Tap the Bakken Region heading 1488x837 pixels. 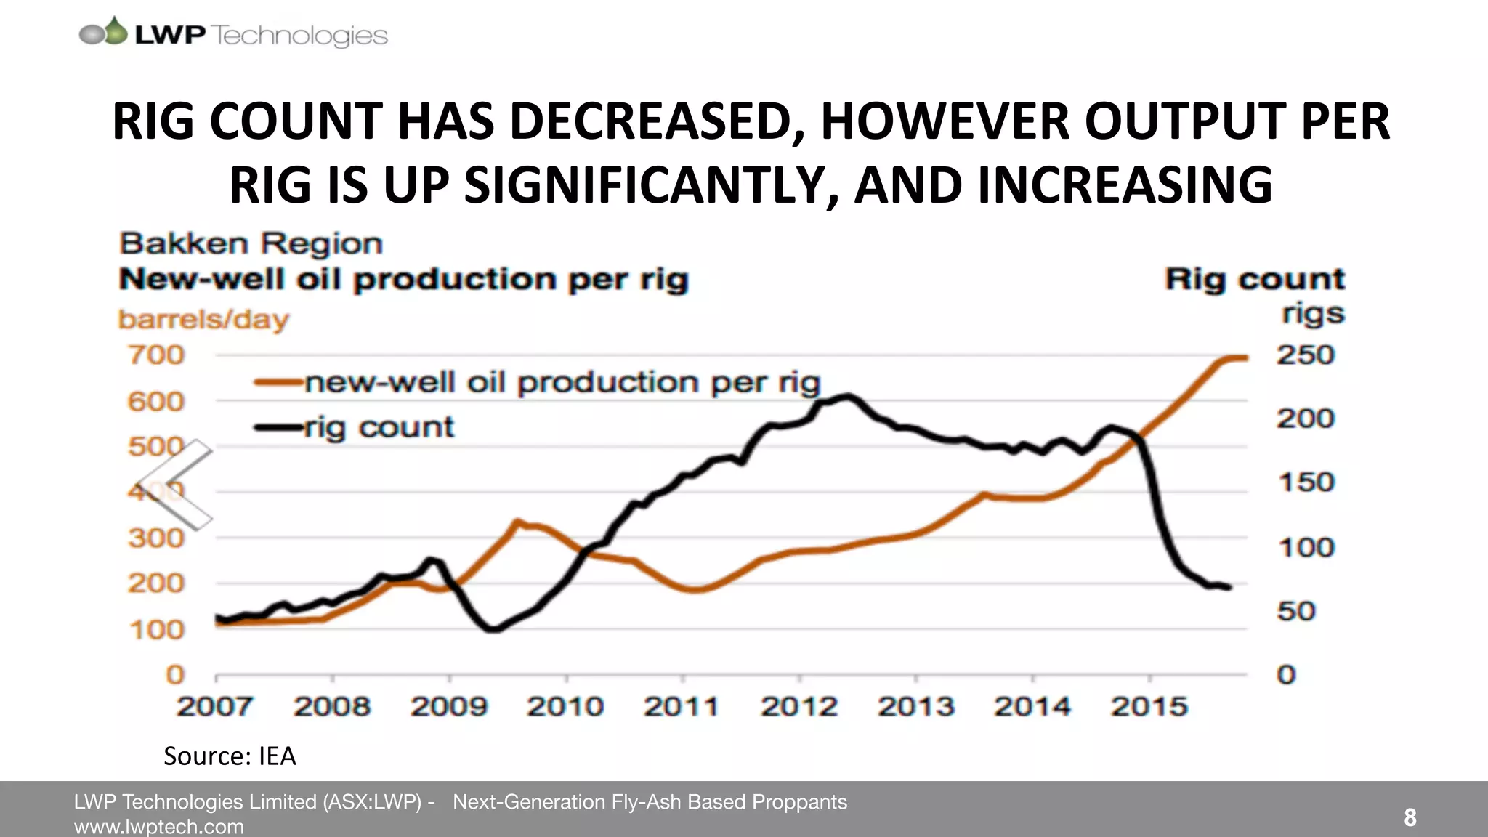[251, 243]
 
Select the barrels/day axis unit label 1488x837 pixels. [203, 320]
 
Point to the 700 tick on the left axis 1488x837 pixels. [156, 355]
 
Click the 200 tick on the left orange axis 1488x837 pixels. [156, 583]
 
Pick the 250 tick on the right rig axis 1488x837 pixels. [1306, 355]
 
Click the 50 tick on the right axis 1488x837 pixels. [1296, 611]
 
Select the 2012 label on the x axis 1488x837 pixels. [798, 706]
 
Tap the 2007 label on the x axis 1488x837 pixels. [214, 706]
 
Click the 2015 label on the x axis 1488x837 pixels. [1149, 706]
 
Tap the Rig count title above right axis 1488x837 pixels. [1255, 279]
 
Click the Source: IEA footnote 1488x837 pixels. [230, 756]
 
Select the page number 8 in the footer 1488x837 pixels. [1410, 818]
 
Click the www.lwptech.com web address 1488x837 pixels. [159, 827]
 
